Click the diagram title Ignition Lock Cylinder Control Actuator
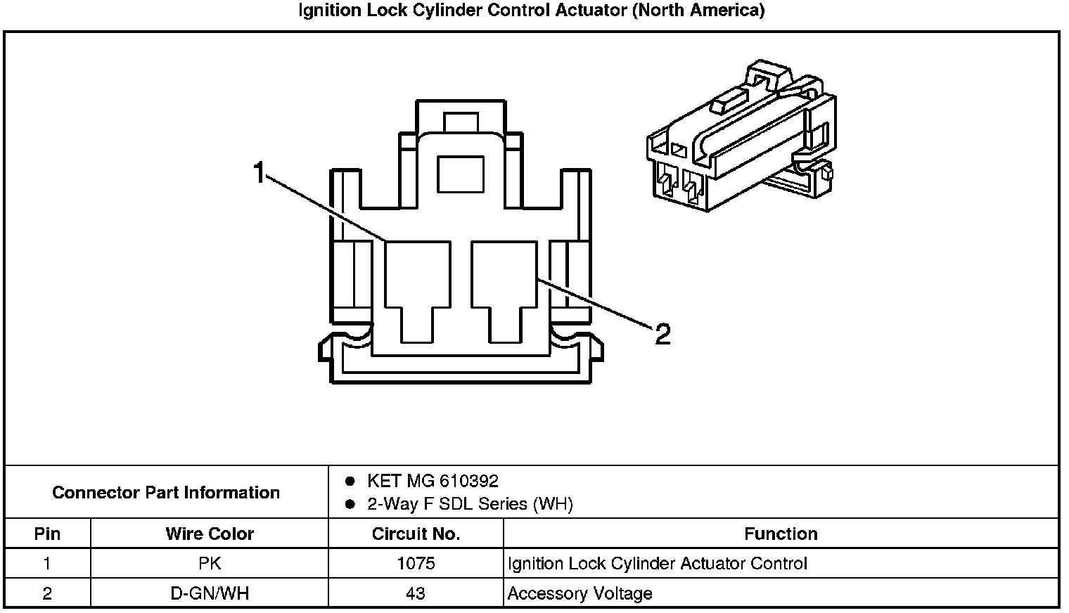[532, 11]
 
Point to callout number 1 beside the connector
[260, 172]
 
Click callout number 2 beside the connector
[662, 334]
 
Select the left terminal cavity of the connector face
[418, 281]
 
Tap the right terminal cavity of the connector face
[504, 281]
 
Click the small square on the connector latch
[460, 174]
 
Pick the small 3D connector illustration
[740, 137]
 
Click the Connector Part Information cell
[166, 492]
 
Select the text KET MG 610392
[433, 481]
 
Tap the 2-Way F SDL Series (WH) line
[470, 504]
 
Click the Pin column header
[47, 534]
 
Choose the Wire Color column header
[210, 534]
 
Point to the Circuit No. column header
[416, 534]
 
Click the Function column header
[781, 534]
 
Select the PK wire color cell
[210, 563]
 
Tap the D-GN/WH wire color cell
[210, 593]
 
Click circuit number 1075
[416, 563]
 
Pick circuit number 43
[416, 593]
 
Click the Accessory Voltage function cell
[580, 593]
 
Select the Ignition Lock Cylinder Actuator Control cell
[657, 563]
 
